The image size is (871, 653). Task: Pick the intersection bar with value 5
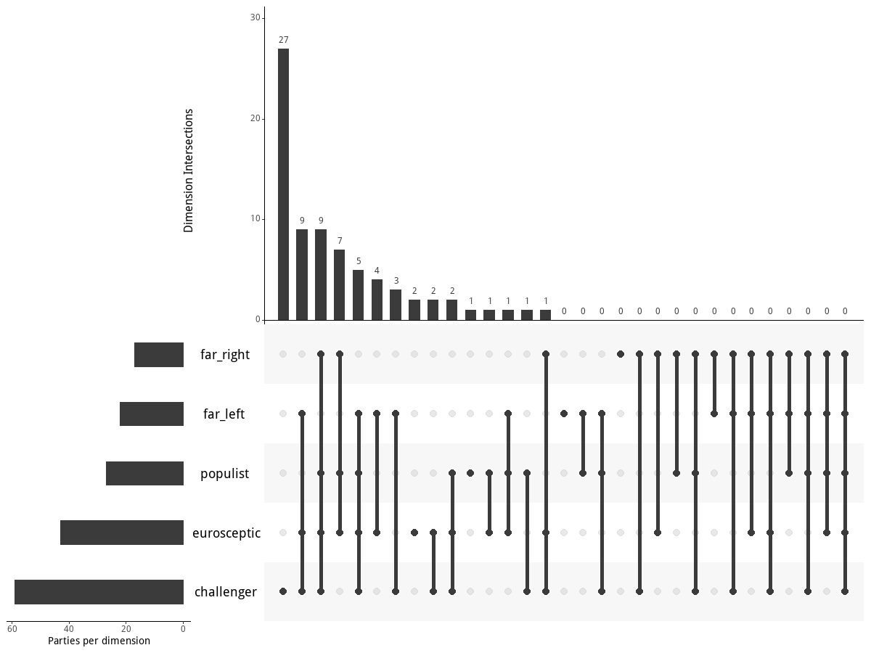pyautogui.click(x=358, y=295)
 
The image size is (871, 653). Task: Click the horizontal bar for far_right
pyautogui.click(x=159, y=355)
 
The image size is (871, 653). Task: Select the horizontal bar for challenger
pyautogui.click(x=99, y=592)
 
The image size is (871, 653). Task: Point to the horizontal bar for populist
pyautogui.click(x=144, y=473)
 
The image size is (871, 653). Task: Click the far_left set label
pyautogui.click(x=224, y=414)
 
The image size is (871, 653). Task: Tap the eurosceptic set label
pyautogui.click(x=226, y=533)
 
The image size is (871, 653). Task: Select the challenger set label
pyautogui.click(x=225, y=592)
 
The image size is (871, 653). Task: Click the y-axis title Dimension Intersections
pyautogui.click(x=189, y=171)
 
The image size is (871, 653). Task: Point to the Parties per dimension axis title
pyautogui.click(x=99, y=641)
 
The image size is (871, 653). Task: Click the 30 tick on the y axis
pyautogui.click(x=255, y=18)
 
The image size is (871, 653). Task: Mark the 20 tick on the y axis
pyautogui.click(x=255, y=119)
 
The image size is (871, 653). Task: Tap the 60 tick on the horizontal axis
pyautogui.click(x=12, y=629)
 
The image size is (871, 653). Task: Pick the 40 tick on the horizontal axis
pyautogui.click(x=69, y=629)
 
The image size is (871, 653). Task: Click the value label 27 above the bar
pyautogui.click(x=283, y=40)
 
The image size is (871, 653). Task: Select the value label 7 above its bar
pyautogui.click(x=339, y=241)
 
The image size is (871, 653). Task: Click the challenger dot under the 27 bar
pyautogui.click(x=283, y=591)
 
